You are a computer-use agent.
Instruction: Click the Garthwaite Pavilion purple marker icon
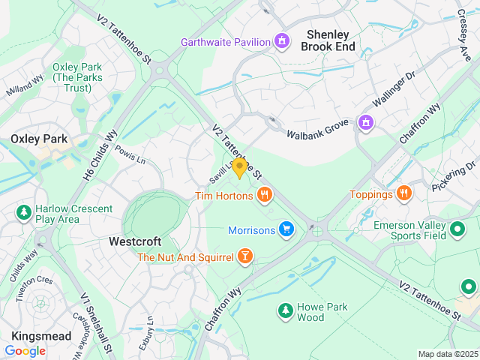282,40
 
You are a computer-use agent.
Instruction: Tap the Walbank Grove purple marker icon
365,121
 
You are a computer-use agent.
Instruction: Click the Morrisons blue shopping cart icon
286,229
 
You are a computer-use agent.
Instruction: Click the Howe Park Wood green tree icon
285,310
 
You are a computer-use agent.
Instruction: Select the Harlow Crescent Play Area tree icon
24,213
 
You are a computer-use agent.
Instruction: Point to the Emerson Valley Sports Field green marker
458,229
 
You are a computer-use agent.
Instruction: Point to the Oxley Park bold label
39,139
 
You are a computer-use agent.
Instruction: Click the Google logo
25,350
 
